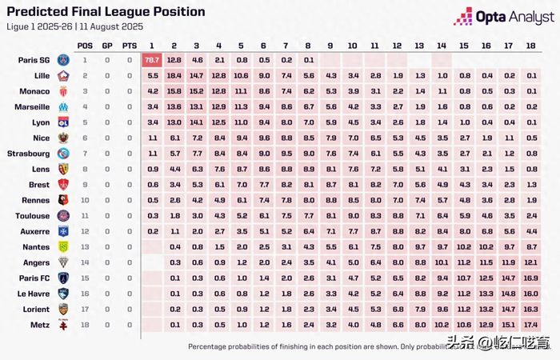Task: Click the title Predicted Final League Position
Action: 106,12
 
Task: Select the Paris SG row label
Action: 33,60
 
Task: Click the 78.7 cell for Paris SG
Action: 152,60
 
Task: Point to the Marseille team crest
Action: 63,106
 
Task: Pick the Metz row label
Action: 40,325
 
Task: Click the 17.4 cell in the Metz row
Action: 530,325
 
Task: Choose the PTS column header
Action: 130,46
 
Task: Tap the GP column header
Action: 107,46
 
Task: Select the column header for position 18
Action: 530,46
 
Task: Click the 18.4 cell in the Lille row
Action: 174,75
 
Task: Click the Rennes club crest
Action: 63,200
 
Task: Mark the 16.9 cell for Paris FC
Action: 530,278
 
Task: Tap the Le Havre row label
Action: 34,294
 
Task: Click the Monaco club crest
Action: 63,91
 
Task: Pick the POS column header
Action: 85,46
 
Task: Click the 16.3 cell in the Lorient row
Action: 530,309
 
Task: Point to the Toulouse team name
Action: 33,215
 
